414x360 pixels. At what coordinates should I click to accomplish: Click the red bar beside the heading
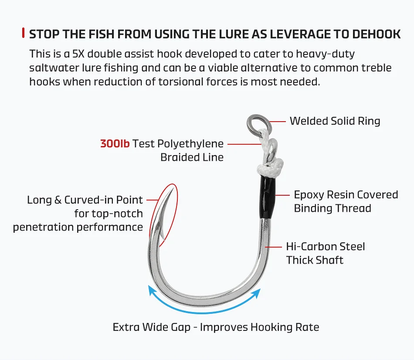(23, 33)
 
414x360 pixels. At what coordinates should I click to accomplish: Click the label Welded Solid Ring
(335, 121)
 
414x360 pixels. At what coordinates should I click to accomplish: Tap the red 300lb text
(115, 143)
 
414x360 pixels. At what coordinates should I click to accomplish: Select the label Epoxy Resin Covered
(346, 194)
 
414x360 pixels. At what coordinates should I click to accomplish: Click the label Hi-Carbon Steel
(326, 246)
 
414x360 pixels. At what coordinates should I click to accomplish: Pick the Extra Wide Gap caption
(216, 327)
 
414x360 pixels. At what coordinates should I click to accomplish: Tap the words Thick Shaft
(315, 260)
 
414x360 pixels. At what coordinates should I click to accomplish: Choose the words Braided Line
(192, 157)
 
